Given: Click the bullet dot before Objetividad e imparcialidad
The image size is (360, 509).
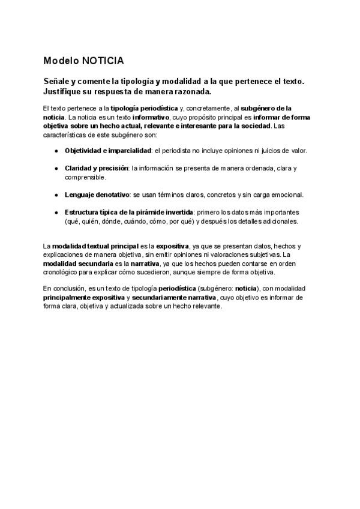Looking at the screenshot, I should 56,150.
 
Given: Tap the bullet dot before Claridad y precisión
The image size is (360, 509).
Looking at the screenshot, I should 56,169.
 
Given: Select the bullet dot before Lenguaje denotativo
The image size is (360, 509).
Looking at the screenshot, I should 56,195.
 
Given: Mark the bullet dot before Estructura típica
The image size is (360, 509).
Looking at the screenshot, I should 56,213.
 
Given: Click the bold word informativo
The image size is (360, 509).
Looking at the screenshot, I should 151,118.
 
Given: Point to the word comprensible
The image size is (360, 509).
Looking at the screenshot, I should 85,177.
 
